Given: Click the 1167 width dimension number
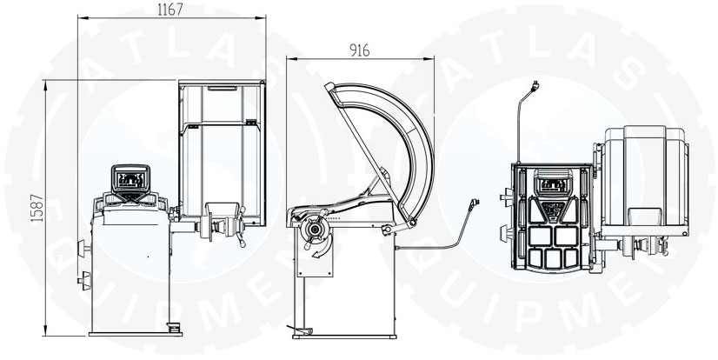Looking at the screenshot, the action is point(170,10).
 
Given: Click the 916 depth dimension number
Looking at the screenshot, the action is point(360,50).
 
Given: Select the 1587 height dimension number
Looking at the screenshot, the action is point(37,208).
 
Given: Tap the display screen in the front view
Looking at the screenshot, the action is point(131,178).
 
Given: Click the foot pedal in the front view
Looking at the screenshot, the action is point(174,327).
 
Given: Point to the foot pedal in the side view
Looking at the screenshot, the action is point(301,330).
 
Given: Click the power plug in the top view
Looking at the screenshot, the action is point(535,85).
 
